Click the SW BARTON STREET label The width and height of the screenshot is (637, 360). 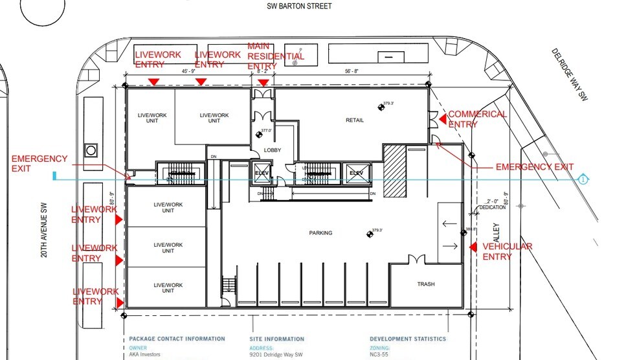pos(299,6)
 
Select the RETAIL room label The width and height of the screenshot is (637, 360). pos(354,120)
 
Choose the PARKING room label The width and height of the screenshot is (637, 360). pos(321,233)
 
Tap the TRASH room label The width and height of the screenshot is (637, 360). pos(425,284)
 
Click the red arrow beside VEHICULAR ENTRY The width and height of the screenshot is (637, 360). pos(473,247)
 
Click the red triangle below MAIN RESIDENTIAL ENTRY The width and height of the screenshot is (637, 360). pos(263,82)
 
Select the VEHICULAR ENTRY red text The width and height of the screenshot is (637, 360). pos(507,251)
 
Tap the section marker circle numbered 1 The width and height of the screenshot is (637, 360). pos(583,179)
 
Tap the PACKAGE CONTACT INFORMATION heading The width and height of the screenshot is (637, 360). pos(177,339)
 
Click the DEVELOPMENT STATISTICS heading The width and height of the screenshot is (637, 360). pos(407,339)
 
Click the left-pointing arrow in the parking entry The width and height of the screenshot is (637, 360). pos(449,224)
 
